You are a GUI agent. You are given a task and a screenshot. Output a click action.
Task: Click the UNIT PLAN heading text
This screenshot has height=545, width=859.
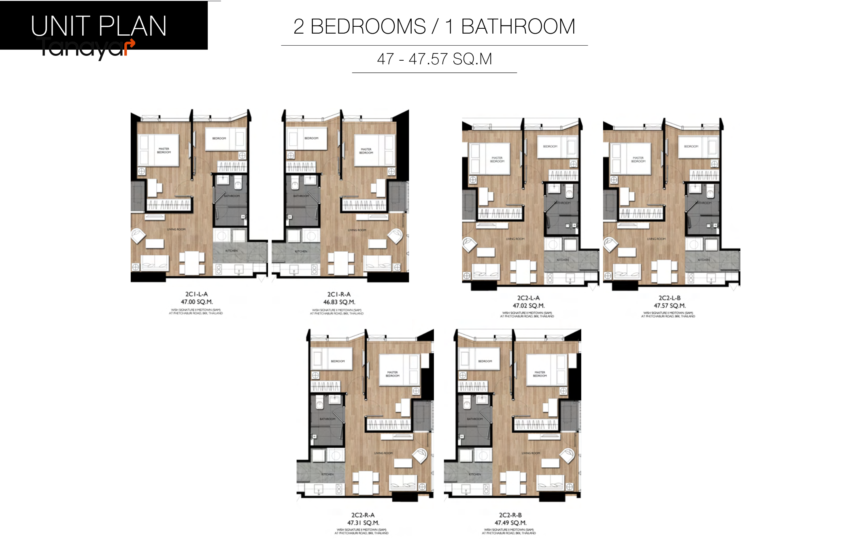(x=98, y=26)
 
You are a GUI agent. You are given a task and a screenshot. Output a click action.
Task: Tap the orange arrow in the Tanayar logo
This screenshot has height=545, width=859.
(x=130, y=46)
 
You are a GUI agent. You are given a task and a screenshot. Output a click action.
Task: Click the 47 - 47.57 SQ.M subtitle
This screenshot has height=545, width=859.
(x=434, y=59)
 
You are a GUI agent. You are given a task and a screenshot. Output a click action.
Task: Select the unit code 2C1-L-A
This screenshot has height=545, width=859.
(x=196, y=294)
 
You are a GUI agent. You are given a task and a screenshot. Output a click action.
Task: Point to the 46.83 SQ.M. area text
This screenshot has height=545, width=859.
(x=339, y=302)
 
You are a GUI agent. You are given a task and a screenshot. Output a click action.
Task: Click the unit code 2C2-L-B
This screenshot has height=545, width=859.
(x=670, y=298)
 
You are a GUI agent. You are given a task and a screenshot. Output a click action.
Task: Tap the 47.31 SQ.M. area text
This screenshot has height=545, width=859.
(x=363, y=523)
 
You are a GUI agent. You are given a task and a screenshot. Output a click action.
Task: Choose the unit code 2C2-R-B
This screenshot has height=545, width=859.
(x=510, y=515)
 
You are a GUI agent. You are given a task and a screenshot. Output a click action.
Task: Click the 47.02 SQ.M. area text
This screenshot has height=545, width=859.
(x=528, y=306)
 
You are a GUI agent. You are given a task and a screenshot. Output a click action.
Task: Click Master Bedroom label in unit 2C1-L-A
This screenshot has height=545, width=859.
(x=164, y=151)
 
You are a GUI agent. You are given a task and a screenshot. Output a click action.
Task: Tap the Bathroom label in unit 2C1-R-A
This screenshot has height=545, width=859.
(x=301, y=196)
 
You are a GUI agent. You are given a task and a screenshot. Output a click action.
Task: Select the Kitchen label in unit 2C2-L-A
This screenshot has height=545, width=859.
(x=562, y=260)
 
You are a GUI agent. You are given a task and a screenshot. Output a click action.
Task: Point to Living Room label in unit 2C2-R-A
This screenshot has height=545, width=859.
(x=383, y=453)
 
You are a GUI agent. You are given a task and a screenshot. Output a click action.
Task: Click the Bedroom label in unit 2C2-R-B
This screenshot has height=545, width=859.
(x=485, y=361)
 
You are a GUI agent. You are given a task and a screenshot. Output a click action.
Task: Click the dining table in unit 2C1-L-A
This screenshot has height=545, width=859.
(x=192, y=263)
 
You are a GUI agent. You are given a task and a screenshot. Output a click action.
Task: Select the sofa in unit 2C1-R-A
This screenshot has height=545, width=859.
(x=377, y=263)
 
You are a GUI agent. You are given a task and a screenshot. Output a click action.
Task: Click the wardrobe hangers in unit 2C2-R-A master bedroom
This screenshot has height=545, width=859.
(x=388, y=424)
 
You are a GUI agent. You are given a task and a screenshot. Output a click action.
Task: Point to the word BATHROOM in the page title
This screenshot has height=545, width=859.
(x=518, y=27)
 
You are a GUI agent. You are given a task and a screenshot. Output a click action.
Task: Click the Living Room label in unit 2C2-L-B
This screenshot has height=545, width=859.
(x=656, y=239)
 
